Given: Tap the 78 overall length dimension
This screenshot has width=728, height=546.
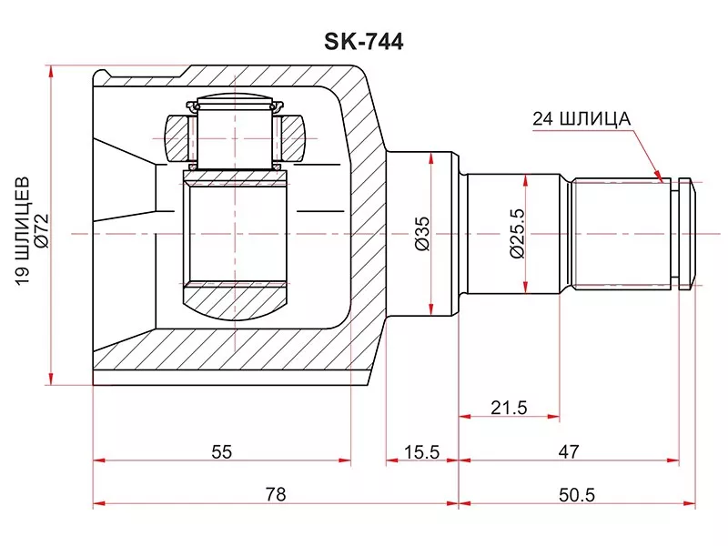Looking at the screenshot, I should [x=276, y=494].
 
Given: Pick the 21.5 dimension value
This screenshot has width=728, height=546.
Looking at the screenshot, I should [x=509, y=407].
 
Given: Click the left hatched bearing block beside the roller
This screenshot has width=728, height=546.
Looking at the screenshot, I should [x=176, y=136].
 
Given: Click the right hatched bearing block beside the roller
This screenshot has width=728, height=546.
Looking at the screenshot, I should [x=293, y=136].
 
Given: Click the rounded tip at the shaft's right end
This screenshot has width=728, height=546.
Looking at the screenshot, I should [x=691, y=234].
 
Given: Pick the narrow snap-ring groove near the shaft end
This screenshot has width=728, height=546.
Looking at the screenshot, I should [x=674, y=234].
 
